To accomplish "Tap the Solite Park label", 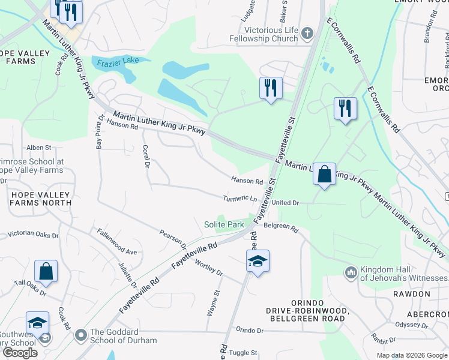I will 223,224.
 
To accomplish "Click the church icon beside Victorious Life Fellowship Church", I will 308,34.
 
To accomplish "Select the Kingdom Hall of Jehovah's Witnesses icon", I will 351,273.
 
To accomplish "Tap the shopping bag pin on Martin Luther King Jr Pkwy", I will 324,175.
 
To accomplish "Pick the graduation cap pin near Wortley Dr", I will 258,261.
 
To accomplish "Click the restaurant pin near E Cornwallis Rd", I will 345,109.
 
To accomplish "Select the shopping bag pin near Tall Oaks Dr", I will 46,271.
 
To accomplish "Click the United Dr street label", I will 285,203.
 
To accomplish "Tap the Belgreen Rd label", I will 281,228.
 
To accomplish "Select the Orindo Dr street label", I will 250,330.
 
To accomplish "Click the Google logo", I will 20,353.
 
